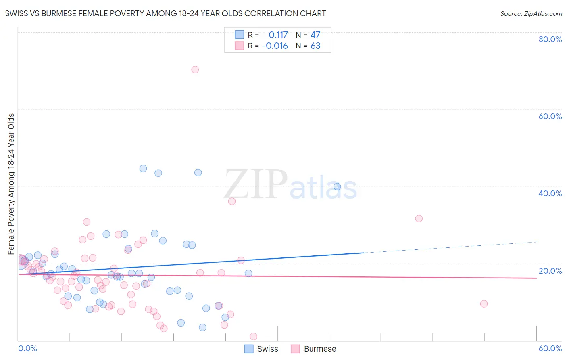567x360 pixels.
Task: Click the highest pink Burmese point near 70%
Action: coord(195,69)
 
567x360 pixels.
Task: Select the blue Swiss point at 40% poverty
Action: coord(337,186)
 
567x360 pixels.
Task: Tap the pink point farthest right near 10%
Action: coord(484,303)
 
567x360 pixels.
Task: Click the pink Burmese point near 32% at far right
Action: coord(419,218)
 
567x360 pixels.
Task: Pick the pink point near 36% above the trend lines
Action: coord(232,201)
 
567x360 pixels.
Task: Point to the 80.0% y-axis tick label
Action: coord(550,39)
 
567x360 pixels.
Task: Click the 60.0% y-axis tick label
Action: coord(550,116)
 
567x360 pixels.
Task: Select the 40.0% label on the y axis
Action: coord(550,193)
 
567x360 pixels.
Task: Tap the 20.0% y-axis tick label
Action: coord(550,270)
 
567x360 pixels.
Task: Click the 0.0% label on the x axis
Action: coord(28,348)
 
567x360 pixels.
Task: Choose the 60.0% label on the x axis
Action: coord(550,348)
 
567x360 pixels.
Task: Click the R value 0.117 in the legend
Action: coord(278,35)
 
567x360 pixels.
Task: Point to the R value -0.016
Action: coord(275,46)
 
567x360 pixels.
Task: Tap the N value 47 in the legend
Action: coord(315,35)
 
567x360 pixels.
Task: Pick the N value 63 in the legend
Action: coord(315,46)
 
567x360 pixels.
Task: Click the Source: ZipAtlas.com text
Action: coord(531,14)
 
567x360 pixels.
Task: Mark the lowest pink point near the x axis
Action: coord(253,337)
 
